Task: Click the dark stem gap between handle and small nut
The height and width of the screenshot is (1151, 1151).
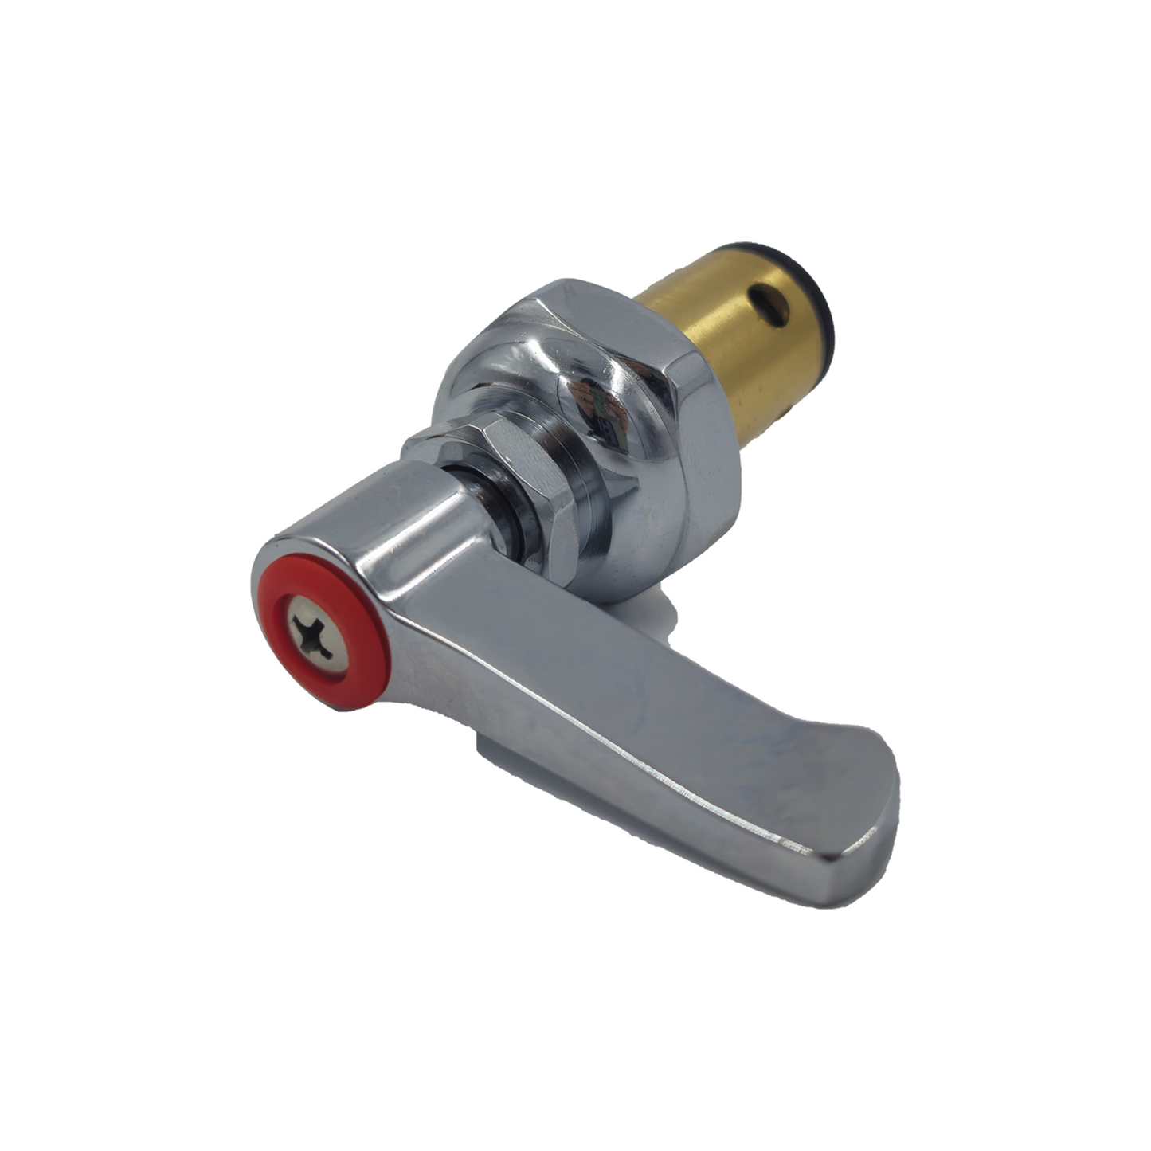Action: (500, 510)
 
